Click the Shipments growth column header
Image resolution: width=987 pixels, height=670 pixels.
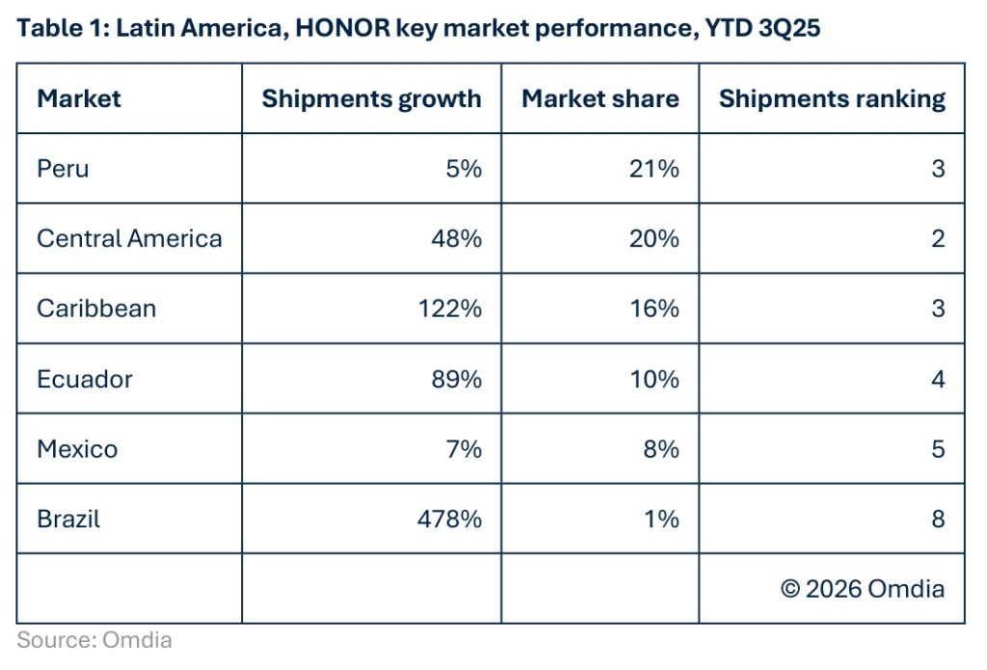tap(371, 98)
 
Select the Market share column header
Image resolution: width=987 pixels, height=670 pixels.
tap(600, 98)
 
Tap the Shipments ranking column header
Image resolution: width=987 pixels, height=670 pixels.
tap(832, 98)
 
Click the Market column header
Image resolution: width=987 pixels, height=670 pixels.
tap(79, 98)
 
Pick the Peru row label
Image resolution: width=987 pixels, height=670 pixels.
tap(63, 169)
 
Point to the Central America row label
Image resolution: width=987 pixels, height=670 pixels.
tap(129, 238)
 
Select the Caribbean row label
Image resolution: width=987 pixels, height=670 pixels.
tap(96, 308)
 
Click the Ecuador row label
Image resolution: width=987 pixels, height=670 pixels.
tap(85, 379)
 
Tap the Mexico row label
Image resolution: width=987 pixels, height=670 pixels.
tap(77, 448)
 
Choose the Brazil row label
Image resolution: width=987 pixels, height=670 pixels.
tap(68, 519)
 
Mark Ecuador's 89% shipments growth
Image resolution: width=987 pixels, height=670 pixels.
tap(457, 379)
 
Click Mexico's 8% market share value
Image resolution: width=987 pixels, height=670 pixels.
tap(660, 448)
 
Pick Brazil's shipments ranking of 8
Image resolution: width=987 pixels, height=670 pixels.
tap(938, 519)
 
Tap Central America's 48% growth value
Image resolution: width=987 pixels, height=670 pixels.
tap(457, 238)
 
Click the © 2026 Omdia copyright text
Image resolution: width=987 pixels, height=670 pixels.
tap(863, 588)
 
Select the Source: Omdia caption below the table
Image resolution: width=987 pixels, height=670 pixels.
tap(94, 639)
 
